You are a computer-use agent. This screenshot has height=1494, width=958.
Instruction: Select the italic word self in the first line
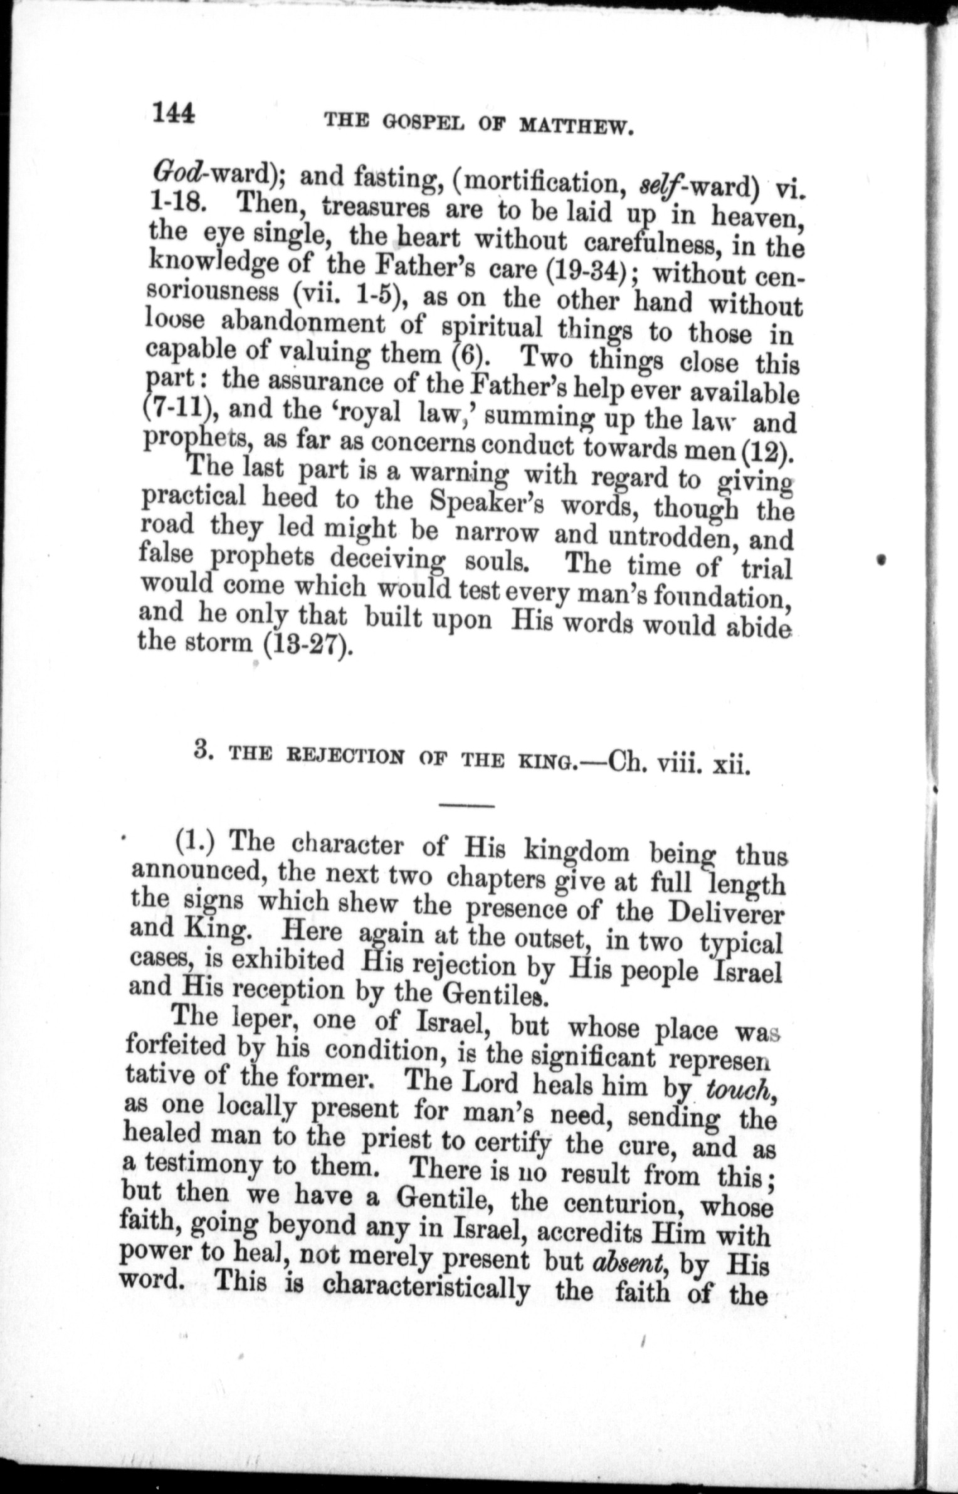653,185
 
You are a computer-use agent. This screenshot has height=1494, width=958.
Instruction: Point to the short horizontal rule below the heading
467,805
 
